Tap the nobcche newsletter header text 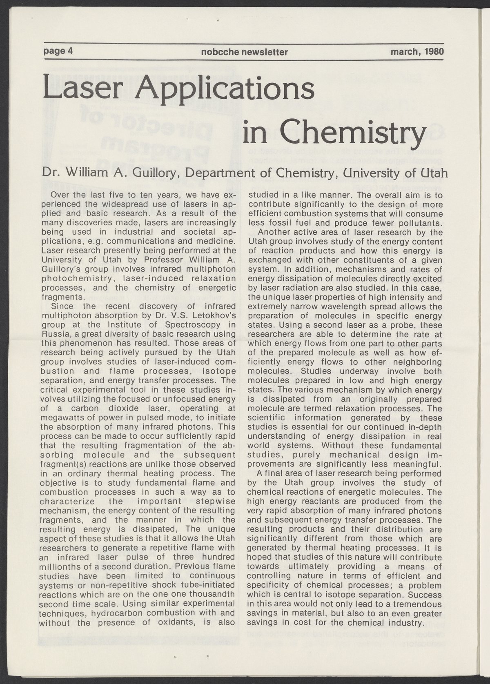pyautogui.click(x=244, y=52)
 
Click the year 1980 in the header pyautogui.click(x=433, y=52)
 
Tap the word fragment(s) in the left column pyautogui.click(x=61, y=464)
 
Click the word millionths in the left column pyautogui.click(x=59, y=566)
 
